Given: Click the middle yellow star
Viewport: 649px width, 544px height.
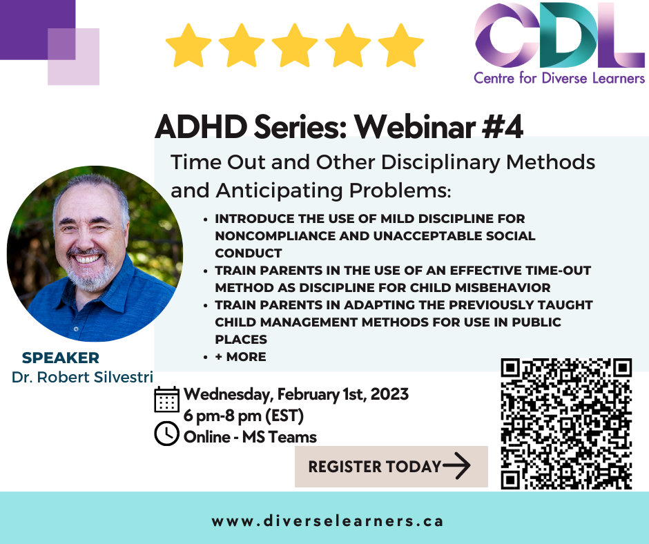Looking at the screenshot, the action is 295,46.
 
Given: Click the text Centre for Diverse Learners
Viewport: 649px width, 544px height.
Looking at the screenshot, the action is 559,78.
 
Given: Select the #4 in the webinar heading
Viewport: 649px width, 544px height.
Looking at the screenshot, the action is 503,126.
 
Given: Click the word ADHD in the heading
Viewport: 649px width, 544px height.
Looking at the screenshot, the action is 201,126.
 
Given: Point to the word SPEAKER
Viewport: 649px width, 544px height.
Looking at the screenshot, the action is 61,358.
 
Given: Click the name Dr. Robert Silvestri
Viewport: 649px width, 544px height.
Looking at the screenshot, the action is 82,377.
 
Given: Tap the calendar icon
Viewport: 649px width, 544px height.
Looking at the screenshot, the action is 167,399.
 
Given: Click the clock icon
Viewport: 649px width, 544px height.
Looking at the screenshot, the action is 166,434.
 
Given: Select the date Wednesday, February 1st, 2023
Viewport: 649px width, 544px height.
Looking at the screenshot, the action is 296,394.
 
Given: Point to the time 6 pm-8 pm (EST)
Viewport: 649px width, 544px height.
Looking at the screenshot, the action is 243,415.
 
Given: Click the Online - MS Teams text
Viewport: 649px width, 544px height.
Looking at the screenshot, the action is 250,437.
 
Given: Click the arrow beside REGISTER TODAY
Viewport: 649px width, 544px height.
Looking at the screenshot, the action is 456,466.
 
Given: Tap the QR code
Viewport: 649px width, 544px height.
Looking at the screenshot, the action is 566,423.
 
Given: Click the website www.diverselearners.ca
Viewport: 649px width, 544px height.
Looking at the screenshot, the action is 327,521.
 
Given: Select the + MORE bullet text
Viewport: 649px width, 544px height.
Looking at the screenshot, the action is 240,356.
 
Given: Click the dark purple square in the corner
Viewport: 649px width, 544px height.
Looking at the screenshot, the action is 38,30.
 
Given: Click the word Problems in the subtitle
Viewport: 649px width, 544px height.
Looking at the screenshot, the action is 400,191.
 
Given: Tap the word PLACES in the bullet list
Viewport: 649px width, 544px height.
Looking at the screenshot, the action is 241,340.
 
